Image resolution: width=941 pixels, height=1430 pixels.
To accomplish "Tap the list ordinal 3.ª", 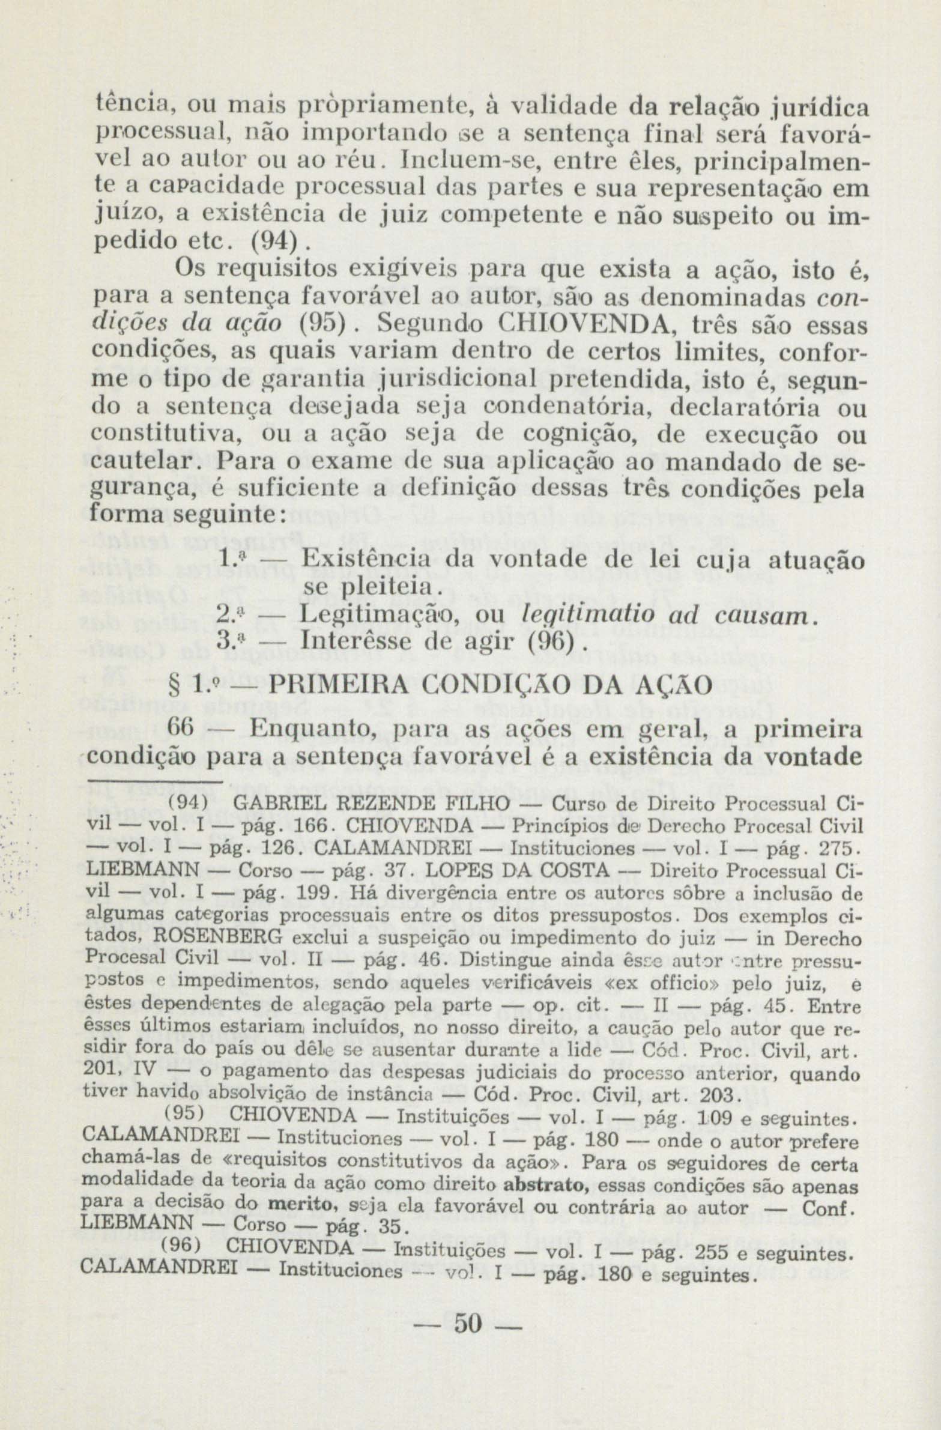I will (230, 641).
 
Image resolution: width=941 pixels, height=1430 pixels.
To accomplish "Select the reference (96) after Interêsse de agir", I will (551, 641).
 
